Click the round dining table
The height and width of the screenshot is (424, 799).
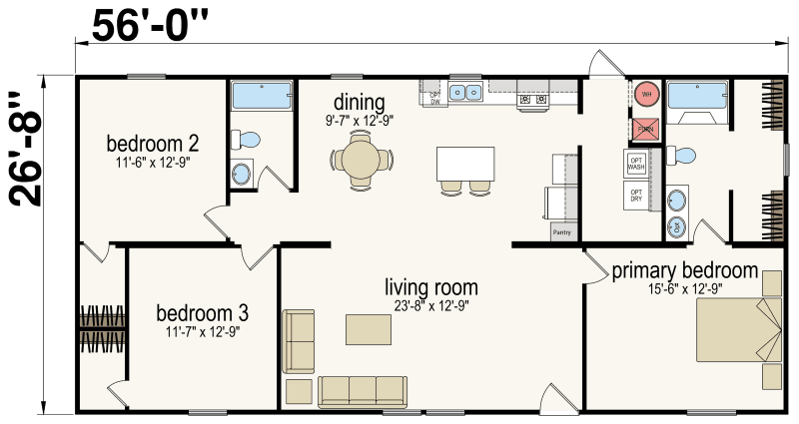(362, 159)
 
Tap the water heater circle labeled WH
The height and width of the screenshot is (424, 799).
(646, 95)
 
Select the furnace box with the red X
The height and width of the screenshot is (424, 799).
(645, 128)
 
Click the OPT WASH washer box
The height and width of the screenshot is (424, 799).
(637, 164)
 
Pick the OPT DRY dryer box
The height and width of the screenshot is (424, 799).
(637, 196)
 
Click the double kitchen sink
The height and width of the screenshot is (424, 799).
(464, 94)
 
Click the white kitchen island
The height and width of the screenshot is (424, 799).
(465, 164)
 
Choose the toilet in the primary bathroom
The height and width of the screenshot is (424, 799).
(682, 156)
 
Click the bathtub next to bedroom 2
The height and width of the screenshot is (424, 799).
(262, 97)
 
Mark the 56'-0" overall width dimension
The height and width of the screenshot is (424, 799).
(153, 26)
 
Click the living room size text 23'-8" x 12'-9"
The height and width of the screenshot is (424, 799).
(431, 307)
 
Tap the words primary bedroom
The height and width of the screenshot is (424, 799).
(684, 270)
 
